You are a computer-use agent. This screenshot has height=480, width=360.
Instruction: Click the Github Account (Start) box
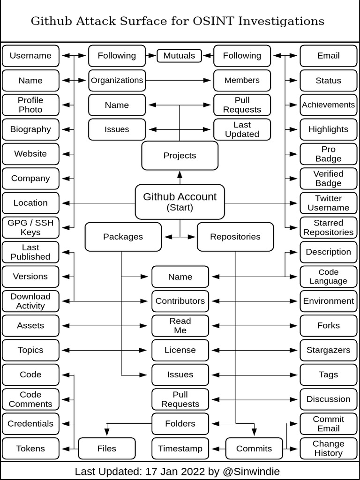tap(180, 202)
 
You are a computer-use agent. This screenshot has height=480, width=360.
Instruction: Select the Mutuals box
tap(179, 56)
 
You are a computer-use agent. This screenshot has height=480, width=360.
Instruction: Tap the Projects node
tap(180, 156)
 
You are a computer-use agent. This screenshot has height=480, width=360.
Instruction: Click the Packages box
tap(123, 237)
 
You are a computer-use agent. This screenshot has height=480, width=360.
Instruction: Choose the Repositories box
tap(235, 237)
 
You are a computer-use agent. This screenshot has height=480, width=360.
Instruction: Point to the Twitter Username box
tap(328, 203)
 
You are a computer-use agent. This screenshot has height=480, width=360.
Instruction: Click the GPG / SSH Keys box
tap(30, 227)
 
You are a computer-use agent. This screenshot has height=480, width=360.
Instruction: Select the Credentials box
tap(30, 424)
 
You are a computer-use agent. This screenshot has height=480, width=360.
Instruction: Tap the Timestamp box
tap(180, 449)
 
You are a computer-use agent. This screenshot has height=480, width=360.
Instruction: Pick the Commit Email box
tap(328, 424)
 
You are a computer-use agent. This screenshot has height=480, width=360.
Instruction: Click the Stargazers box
tap(328, 350)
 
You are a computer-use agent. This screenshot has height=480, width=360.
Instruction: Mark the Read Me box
tap(180, 326)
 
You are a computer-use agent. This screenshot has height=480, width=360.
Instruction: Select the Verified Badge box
tap(328, 179)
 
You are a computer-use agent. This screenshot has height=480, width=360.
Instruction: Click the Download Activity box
tap(30, 301)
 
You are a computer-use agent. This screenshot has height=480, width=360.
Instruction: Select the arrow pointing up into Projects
tap(180, 177)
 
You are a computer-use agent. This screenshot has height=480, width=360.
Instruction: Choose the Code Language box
tap(328, 277)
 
